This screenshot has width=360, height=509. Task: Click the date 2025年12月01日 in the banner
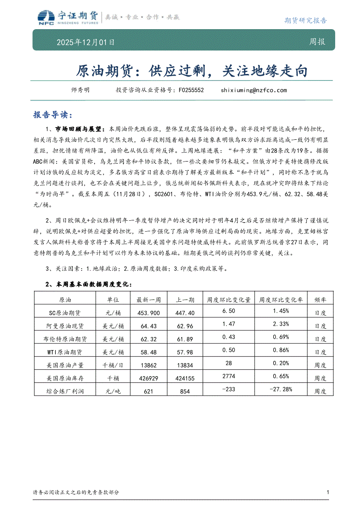pos(85,43)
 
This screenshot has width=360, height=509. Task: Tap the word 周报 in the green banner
pos(317,42)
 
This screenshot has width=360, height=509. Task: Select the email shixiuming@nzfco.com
pos(254,90)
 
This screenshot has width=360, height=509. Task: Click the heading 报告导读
pos(51,115)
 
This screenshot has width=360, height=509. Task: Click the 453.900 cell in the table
pos(148,313)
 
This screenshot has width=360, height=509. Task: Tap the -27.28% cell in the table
pos(281,389)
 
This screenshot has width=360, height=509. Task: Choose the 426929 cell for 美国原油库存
pos(148,378)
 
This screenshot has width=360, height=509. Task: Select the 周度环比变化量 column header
pos(229,300)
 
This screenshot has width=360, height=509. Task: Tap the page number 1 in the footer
pos(327,492)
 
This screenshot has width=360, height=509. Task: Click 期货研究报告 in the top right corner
pos(305,20)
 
